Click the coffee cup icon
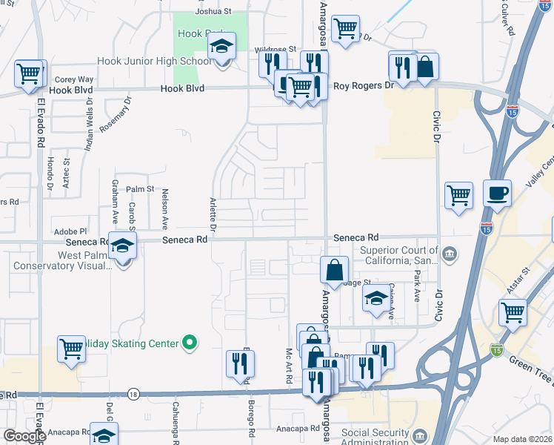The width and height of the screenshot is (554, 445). (497, 194)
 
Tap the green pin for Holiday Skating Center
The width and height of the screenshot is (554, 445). (190, 343)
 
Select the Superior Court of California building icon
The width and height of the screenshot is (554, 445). (450, 256)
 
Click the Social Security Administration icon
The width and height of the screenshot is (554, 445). (420, 434)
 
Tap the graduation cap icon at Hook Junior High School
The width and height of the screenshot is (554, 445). (221, 47)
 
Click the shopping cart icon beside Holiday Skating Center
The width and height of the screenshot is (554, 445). (72, 348)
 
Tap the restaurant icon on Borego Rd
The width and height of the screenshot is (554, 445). (240, 363)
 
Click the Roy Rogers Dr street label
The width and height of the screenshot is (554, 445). (363, 86)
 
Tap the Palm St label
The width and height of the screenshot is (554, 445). (138, 189)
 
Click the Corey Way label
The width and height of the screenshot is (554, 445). (74, 79)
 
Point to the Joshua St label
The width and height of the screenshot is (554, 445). (213, 12)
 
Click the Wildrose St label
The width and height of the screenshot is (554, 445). (275, 48)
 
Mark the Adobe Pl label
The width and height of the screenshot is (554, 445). (70, 231)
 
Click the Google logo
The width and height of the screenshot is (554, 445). (24, 436)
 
